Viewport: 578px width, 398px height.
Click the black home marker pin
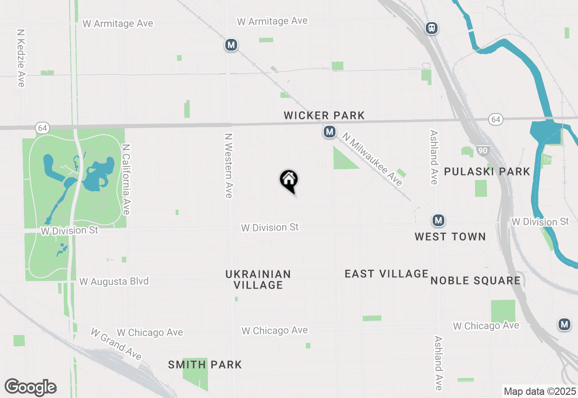(289, 180)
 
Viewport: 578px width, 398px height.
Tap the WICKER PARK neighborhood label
(324, 115)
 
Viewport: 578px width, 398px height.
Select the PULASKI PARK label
(487, 171)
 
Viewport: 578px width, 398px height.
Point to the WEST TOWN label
(450, 237)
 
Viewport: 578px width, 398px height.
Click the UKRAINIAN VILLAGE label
(258, 280)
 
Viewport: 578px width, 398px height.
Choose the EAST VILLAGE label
(386, 274)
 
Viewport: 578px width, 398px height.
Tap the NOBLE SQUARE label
(475, 280)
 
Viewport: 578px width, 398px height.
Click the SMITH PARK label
(205, 365)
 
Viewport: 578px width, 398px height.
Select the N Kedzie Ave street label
(21, 58)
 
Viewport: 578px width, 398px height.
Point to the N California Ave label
(126, 180)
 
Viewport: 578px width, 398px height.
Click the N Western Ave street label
(228, 165)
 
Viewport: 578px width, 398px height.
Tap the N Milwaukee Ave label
(372, 159)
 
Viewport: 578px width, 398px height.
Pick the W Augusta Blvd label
(114, 281)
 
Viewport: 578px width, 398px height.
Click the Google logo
(30, 387)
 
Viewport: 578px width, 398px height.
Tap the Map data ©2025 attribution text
(540, 391)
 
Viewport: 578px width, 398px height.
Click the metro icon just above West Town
(438, 220)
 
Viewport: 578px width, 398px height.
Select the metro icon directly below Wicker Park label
(329, 132)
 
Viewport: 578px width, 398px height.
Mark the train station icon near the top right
(432, 28)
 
